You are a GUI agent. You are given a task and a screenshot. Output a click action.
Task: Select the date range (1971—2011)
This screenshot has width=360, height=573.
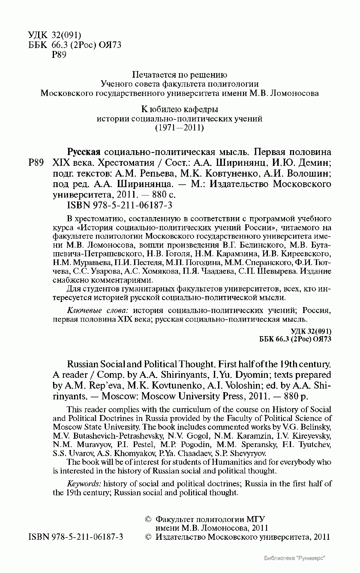[179, 128]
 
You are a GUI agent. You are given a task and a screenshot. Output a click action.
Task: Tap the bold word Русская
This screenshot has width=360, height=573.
[83, 152]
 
